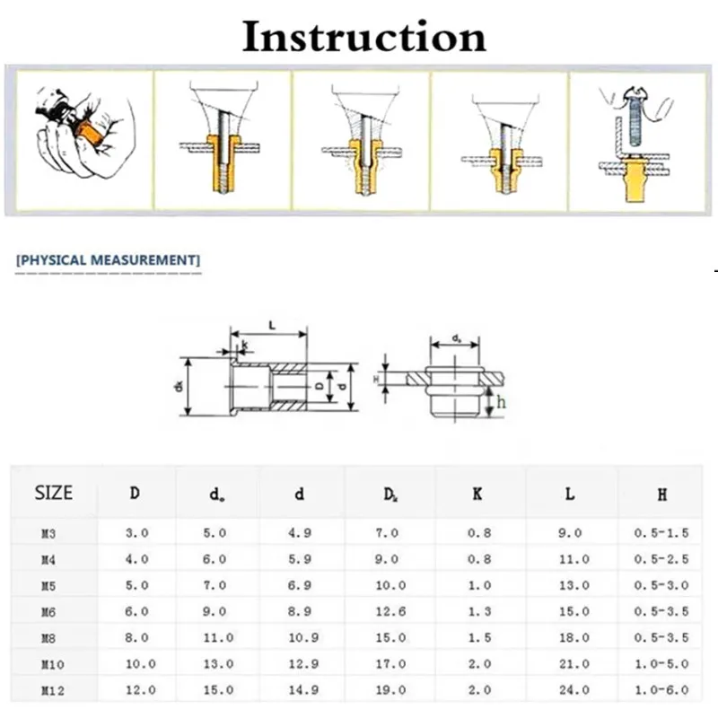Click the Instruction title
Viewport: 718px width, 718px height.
(364, 37)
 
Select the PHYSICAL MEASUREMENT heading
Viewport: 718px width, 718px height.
(109, 260)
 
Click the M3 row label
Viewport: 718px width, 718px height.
(48, 533)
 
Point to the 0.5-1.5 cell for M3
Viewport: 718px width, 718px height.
(661, 533)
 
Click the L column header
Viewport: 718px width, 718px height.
(570, 493)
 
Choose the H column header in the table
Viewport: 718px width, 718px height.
(661, 493)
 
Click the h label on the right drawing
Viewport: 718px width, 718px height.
(502, 403)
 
